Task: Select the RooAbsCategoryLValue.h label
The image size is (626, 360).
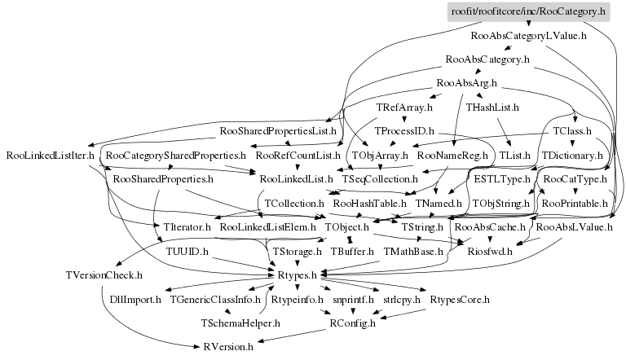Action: tap(518, 36)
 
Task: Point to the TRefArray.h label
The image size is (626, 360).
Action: tap(404, 107)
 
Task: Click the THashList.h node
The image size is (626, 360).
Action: tap(492, 107)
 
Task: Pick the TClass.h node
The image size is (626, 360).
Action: tap(571, 130)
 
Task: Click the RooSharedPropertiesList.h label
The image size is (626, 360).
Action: tap(279, 130)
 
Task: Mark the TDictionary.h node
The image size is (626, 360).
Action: tap(571, 154)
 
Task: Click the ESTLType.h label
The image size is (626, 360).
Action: tap(502, 178)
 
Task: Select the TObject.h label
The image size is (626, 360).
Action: tap(347, 226)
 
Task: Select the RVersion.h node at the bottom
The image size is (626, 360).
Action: tap(228, 347)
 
